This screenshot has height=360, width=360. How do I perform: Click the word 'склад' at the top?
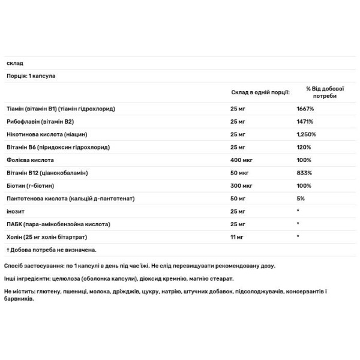point(13,64)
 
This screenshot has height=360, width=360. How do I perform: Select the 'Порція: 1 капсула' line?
point(28,76)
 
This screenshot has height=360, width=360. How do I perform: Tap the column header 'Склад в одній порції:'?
point(260,92)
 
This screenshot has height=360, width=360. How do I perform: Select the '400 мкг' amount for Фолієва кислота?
point(242,160)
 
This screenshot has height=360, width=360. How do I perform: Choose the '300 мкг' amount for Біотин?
point(242,185)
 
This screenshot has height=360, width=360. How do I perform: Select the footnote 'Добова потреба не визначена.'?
point(52,250)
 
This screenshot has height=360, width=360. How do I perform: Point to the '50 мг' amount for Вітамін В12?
point(239,172)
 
